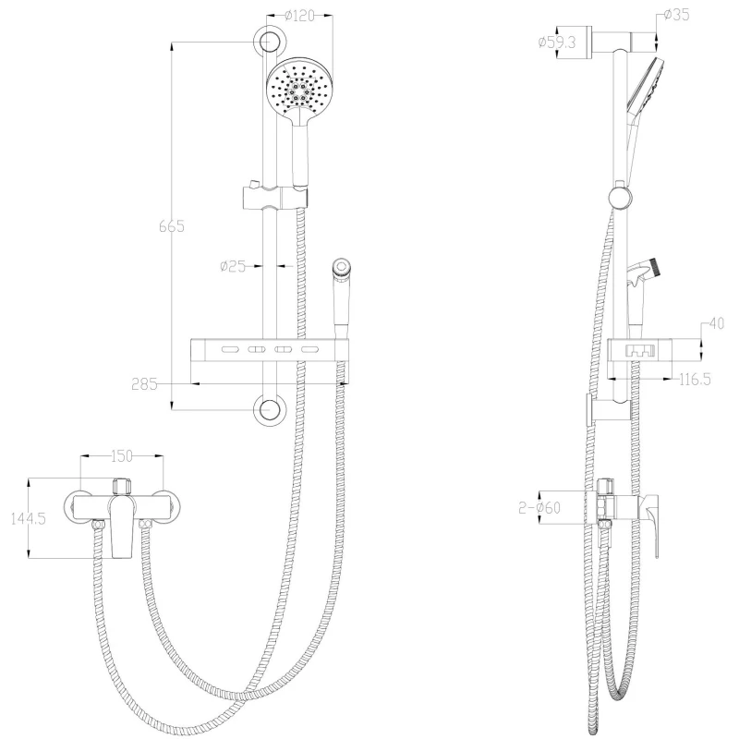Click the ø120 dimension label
pos(299,16)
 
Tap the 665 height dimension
pos(172,226)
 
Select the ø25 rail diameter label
pos(234,266)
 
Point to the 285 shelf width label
pos(144,384)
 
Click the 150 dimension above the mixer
pos(122,455)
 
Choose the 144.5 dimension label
pos(29,519)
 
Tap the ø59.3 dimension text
pos(557,42)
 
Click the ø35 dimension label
pos(677,15)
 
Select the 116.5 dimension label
pos(695,380)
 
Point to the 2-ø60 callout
pos(539,507)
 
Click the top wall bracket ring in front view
pos(270,41)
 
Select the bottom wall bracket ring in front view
pos(270,410)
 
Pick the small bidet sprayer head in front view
pos(340,267)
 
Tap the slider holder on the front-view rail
pos(275,197)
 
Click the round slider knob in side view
pos(620,198)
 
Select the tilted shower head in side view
pos(645,86)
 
